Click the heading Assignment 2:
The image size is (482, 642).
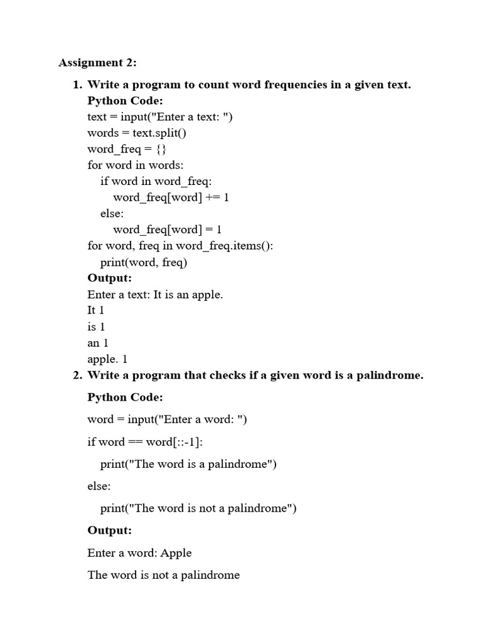click(97, 63)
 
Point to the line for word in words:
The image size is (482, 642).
click(136, 166)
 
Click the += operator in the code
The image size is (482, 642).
click(212, 197)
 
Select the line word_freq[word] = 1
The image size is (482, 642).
click(168, 229)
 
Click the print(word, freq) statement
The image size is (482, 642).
click(144, 262)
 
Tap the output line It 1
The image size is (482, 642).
click(96, 310)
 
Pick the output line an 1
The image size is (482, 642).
click(98, 343)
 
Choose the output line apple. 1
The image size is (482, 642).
click(107, 359)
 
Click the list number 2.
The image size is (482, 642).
click(77, 376)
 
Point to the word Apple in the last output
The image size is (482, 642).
click(176, 553)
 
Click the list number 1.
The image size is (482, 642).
click(77, 85)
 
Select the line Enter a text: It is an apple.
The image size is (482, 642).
click(155, 295)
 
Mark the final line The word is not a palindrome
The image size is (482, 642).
click(164, 575)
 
